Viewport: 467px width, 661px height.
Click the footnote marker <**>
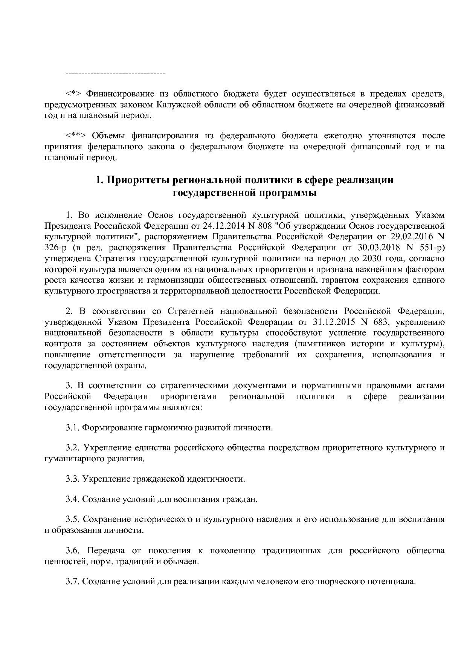click(x=76, y=136)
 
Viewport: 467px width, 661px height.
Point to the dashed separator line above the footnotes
click(x=116, y=73)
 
